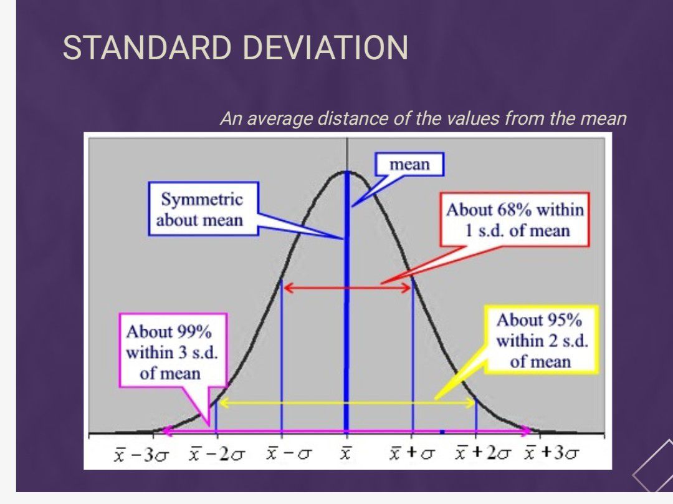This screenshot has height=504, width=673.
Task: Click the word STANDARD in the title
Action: click(x=147, y=47)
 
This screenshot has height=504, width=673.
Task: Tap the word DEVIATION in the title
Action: click(x=325, y=47)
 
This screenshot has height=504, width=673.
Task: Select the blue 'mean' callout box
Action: click(x=409, y=165)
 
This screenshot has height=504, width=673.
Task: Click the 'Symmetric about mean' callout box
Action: click(x=203, y=209)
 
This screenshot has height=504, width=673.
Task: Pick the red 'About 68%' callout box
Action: click(x=515, y=220)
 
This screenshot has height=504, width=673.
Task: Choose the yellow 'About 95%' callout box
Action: click(x=542, y=339)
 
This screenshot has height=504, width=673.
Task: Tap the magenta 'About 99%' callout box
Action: click(x=173, y=351)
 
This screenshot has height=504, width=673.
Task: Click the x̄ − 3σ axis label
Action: click(x=141, y=453)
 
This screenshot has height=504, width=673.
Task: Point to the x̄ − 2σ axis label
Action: click(x=217, y=453)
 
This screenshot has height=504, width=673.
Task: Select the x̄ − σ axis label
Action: click(x=289, y=453)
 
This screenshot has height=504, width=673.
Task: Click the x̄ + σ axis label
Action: click(x=412, y=453)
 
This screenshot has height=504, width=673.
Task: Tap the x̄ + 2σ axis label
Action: click(x=484, y=453)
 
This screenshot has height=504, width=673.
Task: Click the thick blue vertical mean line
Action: click(x=347, y=301)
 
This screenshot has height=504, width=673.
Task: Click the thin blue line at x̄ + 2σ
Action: click(x=476, y=415)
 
